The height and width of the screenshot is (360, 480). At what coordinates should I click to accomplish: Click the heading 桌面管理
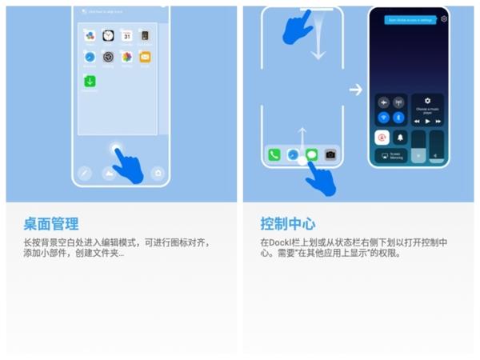point(50,223)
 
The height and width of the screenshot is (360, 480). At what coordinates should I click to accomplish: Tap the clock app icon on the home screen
point(108,36)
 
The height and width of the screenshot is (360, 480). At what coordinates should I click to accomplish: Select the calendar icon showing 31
point(127,36)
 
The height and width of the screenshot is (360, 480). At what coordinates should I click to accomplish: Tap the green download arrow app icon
point(90,81)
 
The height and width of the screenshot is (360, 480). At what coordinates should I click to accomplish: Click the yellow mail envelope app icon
point(145,58)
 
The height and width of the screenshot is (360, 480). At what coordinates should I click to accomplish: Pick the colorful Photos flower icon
point(126,58)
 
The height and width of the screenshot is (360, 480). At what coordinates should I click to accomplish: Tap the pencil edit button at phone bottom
point(85,173)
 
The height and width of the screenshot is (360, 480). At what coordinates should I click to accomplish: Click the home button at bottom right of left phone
point(158,173)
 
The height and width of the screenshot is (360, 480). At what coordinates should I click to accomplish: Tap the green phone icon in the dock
point(274,154)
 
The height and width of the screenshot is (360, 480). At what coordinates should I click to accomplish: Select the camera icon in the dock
point(330,154)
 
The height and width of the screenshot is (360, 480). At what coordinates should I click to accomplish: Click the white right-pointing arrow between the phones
point(356,90)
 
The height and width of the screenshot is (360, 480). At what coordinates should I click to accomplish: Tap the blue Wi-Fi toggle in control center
point(383,118)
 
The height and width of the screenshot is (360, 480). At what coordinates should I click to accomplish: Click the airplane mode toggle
point(383,103)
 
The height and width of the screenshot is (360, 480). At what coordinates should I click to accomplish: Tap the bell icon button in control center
point(401,138)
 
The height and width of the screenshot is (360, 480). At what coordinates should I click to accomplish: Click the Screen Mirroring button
point(392,156)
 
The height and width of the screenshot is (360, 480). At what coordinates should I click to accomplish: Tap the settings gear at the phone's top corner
point(444,18)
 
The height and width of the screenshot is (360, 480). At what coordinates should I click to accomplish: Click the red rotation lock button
point(383,138)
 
